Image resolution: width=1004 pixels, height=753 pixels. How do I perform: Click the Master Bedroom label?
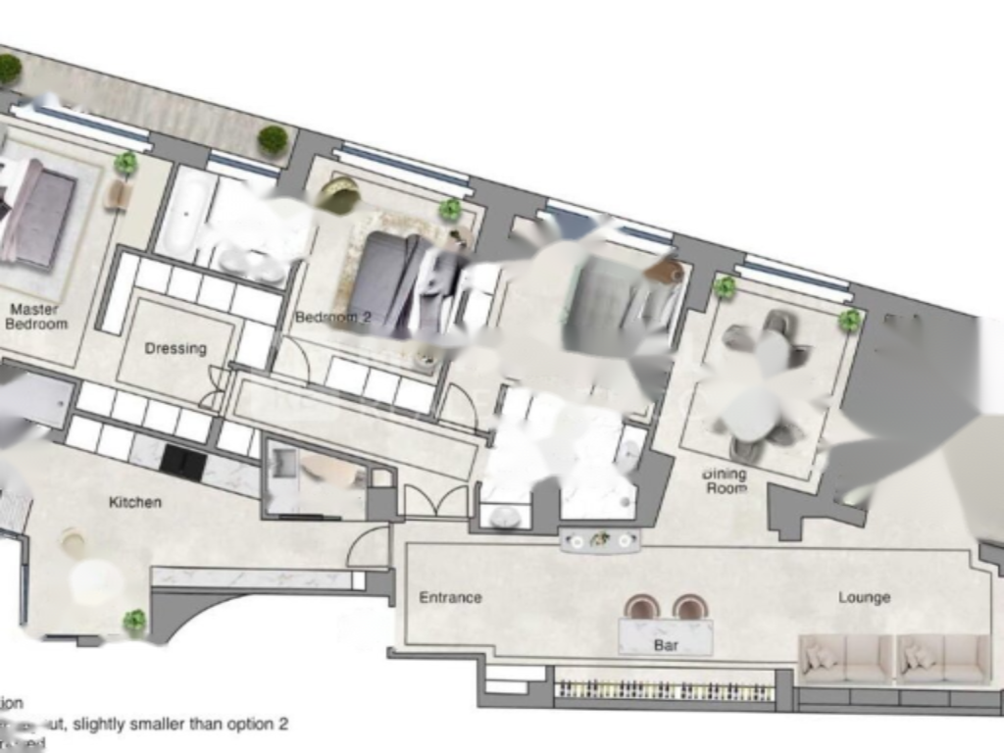[35, 316]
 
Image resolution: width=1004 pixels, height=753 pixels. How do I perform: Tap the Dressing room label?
[176, 348]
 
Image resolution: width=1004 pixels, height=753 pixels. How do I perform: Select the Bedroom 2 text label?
[332, 318]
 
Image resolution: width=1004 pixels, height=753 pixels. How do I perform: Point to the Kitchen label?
[134, 502]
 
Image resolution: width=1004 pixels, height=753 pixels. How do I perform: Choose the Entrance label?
[450, 597]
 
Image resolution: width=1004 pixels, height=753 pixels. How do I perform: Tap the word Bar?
[666, 646]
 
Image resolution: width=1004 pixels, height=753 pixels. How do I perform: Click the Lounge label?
[864, 597]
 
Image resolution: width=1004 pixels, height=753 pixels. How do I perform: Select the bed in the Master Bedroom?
[39, 213]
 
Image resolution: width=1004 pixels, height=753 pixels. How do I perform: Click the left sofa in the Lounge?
[846, 659]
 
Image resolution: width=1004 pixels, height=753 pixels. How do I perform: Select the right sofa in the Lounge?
[942, 659]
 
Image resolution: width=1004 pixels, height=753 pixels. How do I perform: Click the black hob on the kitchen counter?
[182, 462]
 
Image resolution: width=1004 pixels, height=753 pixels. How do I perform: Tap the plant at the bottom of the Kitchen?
[134, 621]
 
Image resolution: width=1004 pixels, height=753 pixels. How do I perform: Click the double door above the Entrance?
[436, 501]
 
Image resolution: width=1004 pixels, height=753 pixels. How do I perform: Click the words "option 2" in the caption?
[256, 725]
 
